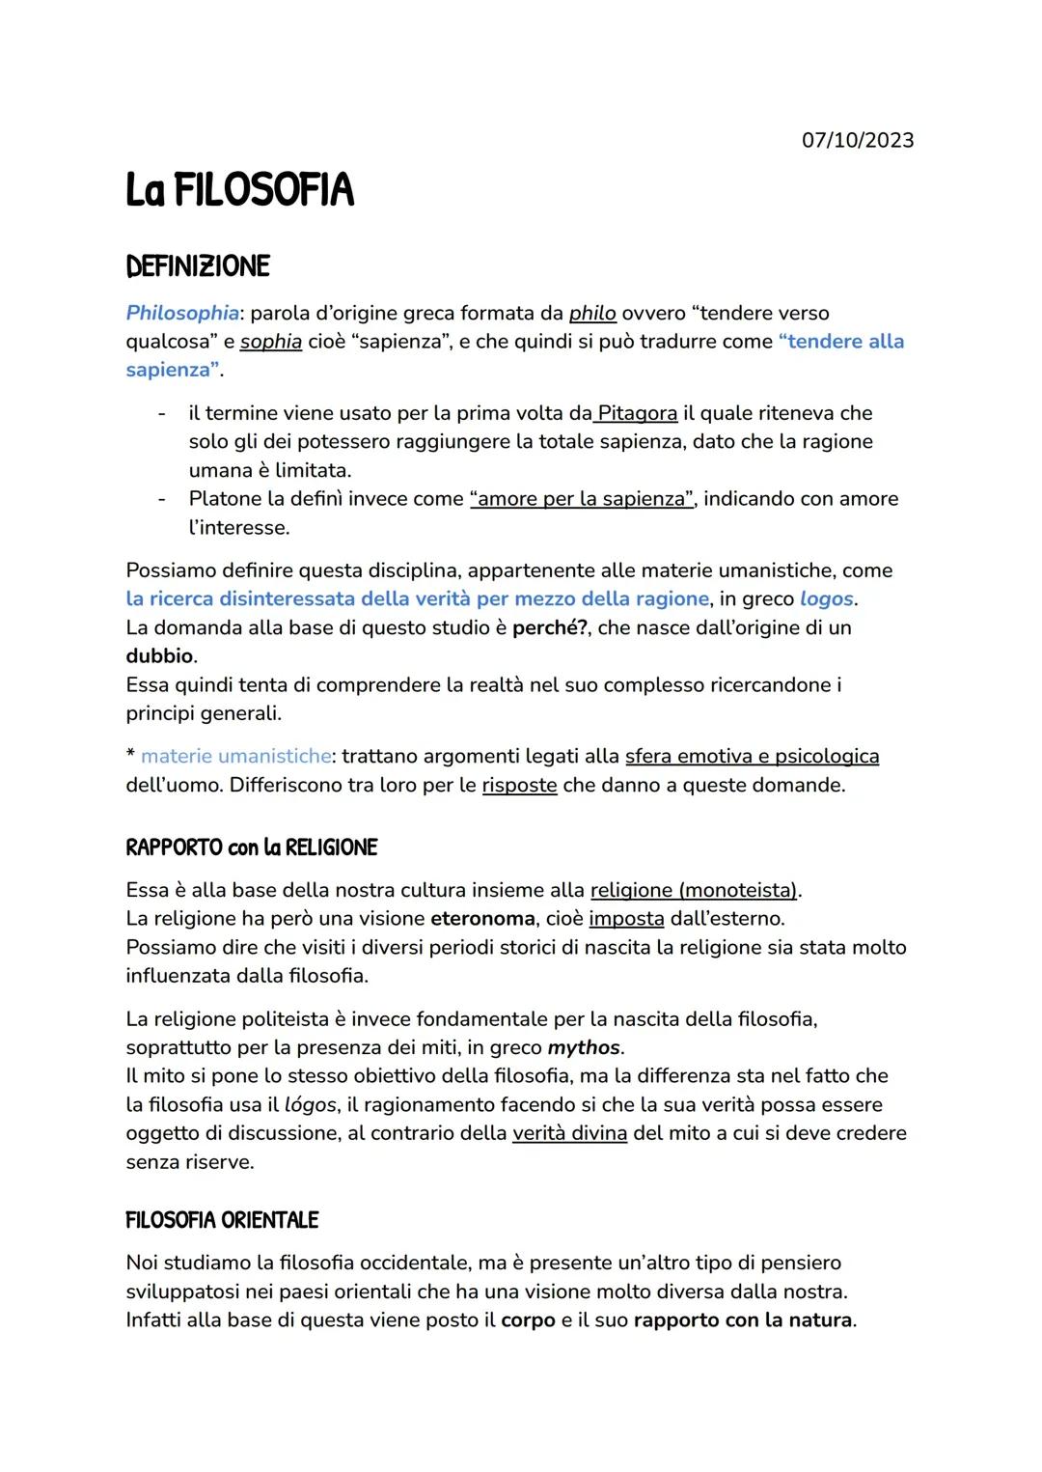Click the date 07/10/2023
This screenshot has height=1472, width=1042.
[x=857, y=141]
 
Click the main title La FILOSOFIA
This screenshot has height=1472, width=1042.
[x=240, y=190]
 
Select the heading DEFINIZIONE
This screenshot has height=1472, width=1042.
[x=198, y=266]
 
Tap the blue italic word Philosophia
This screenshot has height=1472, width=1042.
[x=182, y=313]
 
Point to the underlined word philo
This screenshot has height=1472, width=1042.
[x=592, y=313]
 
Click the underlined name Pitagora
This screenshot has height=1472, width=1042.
[x=637, y=413]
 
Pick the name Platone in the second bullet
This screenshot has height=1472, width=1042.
[x=224, y=499]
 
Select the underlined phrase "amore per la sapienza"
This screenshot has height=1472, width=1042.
[x=582, y=499]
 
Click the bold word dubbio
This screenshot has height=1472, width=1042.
[x=159, y=656]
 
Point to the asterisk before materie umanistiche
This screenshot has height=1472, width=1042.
[x=130, y=755]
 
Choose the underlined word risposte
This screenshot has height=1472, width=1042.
[x=519, y=785]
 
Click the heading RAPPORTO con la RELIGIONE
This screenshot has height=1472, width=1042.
[x=251, y=847]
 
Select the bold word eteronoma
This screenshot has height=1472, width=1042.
[x=481, y=918]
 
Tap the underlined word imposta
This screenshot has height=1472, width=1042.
[x=626, y=918]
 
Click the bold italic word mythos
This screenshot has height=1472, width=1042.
[x=583, y=1047]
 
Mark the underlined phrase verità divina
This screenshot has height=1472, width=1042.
[x=569, y=1133]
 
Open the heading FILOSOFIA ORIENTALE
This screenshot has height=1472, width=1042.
[x=222, y=1220]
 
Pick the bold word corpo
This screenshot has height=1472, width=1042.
[x=528, y=1319]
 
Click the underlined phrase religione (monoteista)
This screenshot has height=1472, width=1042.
[x=695, y=889]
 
